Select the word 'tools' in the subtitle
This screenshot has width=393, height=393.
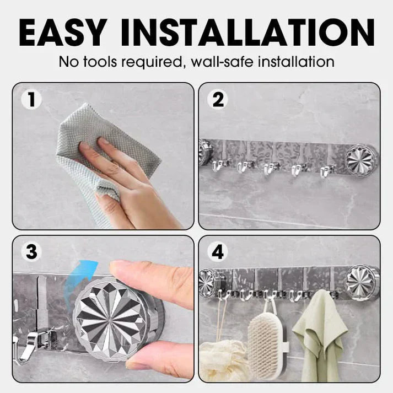(100, 62)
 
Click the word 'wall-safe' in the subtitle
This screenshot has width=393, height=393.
(222, 62)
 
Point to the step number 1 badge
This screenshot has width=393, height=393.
(31, 100)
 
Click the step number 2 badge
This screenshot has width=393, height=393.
(218, 100)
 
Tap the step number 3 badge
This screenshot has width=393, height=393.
(31, 252)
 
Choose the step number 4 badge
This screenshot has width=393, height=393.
(218, 252)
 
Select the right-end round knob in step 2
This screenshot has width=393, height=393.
(360, 160)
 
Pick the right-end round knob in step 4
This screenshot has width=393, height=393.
(362, 283)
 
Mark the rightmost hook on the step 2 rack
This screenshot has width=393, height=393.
(326, 171)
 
